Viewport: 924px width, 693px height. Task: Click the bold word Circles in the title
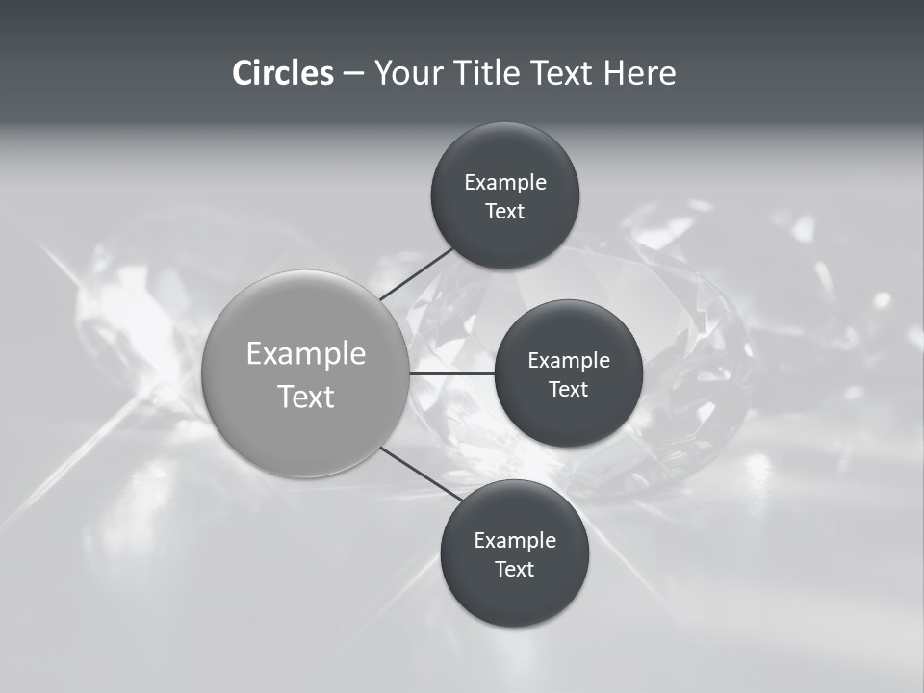click(x=282, y=73)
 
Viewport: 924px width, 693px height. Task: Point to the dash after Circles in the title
click(x=353, y=74)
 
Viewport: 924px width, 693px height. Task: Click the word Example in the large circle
click(x=306, y=354)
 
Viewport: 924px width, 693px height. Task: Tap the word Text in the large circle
click(x=306, y=397)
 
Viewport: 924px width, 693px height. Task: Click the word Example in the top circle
click(x=505, y=183)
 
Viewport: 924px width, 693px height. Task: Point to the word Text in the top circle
click(x=504, y=212)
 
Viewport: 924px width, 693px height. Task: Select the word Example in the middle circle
click(x=569, y=361)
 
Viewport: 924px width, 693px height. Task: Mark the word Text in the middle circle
click(x=568, y=390)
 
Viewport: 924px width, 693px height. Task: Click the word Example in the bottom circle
click(x=515, y=541)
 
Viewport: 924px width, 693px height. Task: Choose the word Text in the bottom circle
click(x=514, y=570)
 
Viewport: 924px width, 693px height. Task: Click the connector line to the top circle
click(x=417, y=274)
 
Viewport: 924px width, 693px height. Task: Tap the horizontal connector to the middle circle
click(x=451, y=372)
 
